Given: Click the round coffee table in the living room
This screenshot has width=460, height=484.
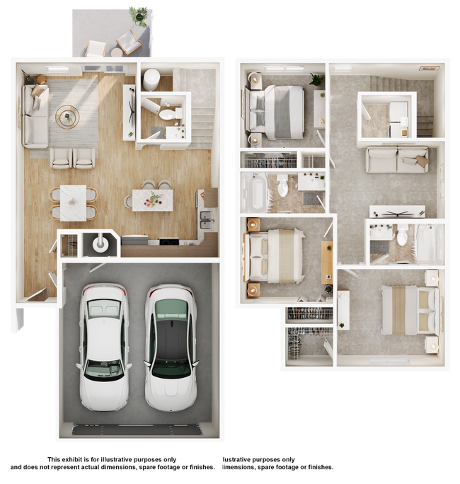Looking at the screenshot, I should click(x=68, y=117).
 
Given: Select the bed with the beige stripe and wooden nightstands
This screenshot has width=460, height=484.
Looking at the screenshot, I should click(x=276, y=255).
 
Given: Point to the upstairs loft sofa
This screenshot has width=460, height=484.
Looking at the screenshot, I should click(x=396, y=160).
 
